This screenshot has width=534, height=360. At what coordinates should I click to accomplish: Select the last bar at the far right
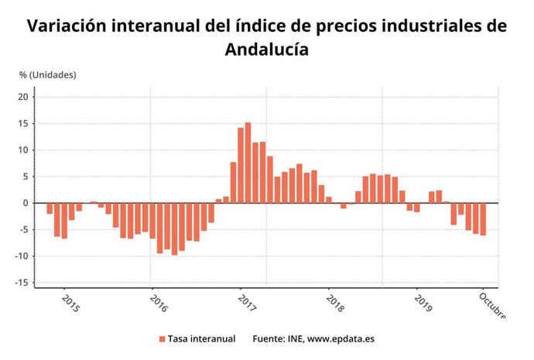point(483,219)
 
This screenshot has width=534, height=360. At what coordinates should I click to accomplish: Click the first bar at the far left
point(50,208)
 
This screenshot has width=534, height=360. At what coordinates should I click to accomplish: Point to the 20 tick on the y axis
point(23,97)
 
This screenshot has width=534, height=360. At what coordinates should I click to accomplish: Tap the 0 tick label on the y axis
point(26,203)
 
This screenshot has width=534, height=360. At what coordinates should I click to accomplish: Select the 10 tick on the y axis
point(23,150)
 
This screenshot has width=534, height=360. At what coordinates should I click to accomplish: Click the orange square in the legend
point(163,339)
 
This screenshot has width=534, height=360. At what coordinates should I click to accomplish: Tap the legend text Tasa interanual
point(200,339)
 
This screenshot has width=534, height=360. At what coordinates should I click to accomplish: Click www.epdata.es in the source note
point(341,339)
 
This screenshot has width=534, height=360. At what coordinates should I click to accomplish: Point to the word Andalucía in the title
point(266,50)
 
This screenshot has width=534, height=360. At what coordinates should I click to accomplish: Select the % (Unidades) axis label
point(48,74)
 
